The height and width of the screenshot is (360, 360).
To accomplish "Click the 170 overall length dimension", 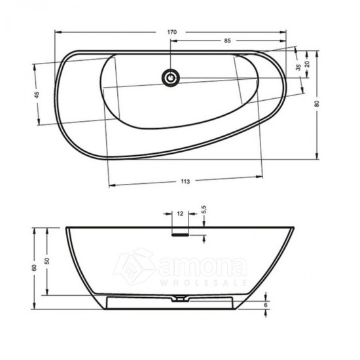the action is [x=172, y=32].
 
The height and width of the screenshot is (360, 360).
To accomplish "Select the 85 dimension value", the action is [x=227, y=41].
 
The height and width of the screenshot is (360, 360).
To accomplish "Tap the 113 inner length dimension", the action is [x=185, y=181].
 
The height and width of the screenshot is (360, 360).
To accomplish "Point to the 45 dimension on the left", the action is [x=37, y=95].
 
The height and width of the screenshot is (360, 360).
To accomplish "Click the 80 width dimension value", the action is [x=317, y=104].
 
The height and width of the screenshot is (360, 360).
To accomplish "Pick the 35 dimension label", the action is [x=298, y=67].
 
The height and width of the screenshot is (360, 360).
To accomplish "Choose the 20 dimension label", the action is [x=307, y=63].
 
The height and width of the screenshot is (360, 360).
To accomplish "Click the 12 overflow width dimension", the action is [x=180, y=214].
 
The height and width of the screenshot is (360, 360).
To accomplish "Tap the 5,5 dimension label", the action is [x=204, y=209].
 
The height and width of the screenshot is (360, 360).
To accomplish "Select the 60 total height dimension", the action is [x=34, y=268].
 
